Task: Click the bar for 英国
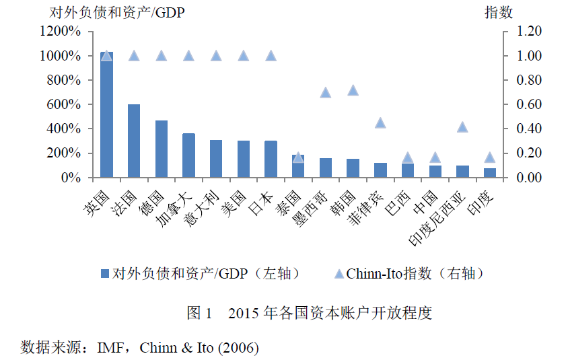(x=106, y=114)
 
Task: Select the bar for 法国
(x=134, y=141)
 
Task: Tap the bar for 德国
(x=162, y=149)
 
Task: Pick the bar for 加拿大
(x=188, y=155)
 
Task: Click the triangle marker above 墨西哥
(x=326, y=92)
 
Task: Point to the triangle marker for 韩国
(x=353, y=89)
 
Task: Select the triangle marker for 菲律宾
(x=380, y=122)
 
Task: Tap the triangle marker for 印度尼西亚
(x=462, y=127)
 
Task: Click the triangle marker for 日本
(x=271, y=55)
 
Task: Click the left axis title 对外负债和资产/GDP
(x=108, y=13)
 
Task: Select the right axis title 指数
(x=499, y=13)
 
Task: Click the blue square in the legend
(x=104, y=274)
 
